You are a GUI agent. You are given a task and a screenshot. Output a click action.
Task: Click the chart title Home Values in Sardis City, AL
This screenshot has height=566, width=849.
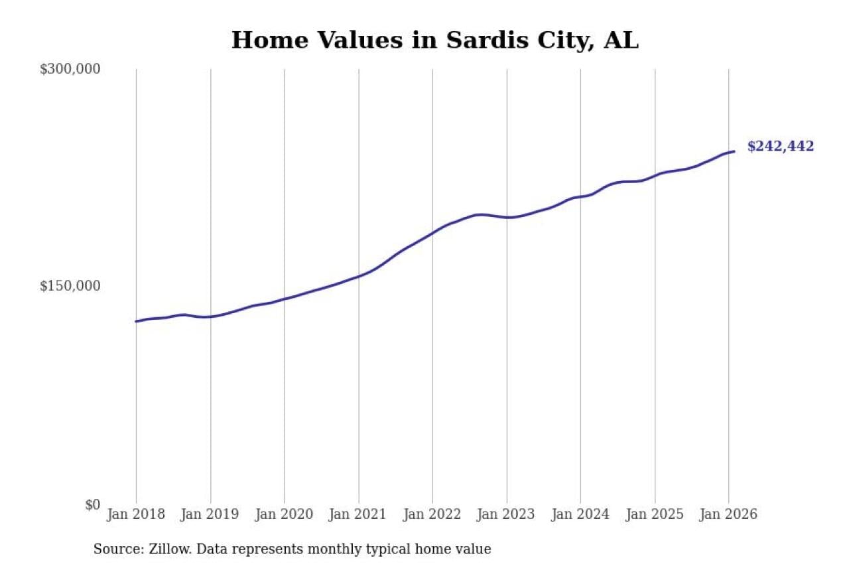tap(434, 40)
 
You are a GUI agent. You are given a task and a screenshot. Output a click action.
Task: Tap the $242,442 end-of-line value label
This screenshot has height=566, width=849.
tap(780, 147)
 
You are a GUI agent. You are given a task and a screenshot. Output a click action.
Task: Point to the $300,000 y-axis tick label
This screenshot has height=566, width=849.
tap(70, 69)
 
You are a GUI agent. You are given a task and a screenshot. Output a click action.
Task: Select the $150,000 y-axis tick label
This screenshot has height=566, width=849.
tap(70, 286)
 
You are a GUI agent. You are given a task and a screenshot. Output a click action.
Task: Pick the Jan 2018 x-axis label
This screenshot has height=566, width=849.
tap(135, 515)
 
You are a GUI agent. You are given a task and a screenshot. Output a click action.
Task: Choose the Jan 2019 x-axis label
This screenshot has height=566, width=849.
tap(210, 515)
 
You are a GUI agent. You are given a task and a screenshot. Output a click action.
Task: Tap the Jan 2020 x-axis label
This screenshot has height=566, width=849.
tap(284, 515)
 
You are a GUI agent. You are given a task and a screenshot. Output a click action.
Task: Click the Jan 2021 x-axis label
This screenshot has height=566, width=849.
tap(358, 515)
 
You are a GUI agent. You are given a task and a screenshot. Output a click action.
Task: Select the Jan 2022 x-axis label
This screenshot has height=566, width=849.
tap(432, 515)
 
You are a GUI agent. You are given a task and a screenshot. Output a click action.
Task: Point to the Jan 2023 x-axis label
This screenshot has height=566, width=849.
tap(506, 515)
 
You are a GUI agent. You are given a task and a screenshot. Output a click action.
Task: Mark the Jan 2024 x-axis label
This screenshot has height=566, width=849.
tap(580, 515)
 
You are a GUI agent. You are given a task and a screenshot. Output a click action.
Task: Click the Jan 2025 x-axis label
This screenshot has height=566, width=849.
tap(655, 515)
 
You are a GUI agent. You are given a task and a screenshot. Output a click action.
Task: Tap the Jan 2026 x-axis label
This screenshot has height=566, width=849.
tap(728, 515)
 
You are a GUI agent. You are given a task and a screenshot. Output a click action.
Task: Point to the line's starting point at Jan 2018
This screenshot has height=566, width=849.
tap(137, 321)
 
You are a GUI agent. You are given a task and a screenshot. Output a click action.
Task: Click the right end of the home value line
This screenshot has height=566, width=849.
tap(734, 151)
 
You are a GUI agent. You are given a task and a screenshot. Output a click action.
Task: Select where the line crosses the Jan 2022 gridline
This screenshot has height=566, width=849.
tap(432, 233)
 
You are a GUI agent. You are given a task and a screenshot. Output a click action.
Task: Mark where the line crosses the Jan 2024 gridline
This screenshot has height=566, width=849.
tap(581, 196)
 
